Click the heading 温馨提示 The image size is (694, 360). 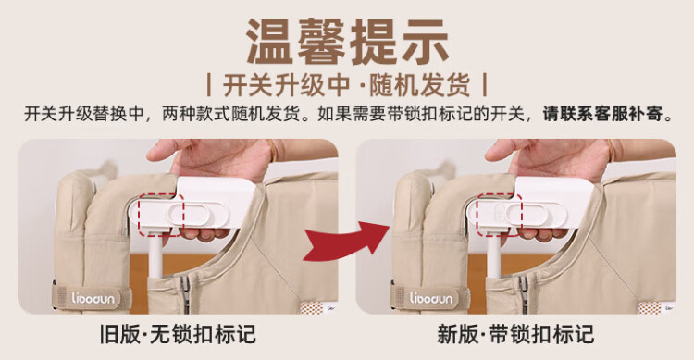click(348, 42)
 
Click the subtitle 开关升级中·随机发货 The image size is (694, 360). click(347, 85)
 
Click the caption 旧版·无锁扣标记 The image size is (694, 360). click(178, 334)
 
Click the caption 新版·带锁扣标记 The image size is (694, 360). click(515, 334)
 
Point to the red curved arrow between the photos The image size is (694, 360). click(345, 242)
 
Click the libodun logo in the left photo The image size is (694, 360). click(93, 298)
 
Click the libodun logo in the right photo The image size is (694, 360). click(431, 298)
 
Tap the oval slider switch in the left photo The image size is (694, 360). click(198, 215)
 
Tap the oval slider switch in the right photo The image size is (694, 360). click(536, 215)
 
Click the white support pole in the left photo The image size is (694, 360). click(155, 255)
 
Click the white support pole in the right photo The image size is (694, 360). click(493, 255)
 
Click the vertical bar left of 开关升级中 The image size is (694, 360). click(209, 85)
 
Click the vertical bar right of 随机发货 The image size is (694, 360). click(485, 85)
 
